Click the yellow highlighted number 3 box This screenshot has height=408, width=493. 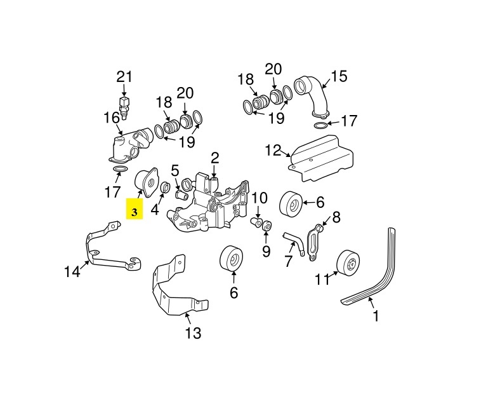click(x=135, y=208)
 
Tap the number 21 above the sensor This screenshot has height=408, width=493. click(x=124, y=77)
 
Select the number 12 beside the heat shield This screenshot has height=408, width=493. click(x=273, y=151)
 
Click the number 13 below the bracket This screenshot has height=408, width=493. click(x=193, y=332)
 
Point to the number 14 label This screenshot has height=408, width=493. click(x=72, y=271)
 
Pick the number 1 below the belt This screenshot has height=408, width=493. click(x=376, y=316)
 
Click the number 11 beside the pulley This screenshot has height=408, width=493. click(x=322, y=279)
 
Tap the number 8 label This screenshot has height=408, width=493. click(x=336, y=217)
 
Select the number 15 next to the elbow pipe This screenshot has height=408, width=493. click(x=339, y=76)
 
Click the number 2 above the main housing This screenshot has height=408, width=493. click(x=214, y=158)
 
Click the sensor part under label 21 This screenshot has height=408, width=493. click(x=124, y=108)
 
